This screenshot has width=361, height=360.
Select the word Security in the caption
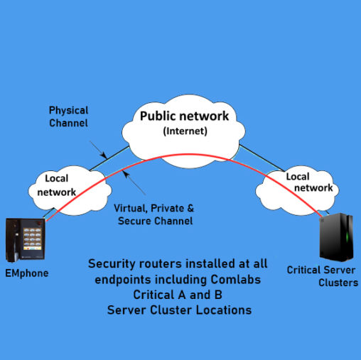tap(115, 264)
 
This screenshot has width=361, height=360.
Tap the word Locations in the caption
tap(226, 311)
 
